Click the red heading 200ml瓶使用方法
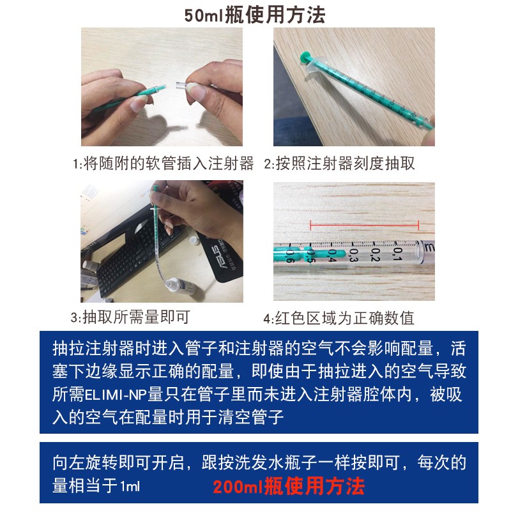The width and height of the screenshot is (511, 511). coord(289,487)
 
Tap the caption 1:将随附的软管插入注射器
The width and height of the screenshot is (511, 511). coord(163,164)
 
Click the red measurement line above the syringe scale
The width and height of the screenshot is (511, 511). coord(364,224)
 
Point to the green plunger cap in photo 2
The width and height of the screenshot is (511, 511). coord(306,59)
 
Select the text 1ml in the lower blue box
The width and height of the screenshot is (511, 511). coord(130,487)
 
